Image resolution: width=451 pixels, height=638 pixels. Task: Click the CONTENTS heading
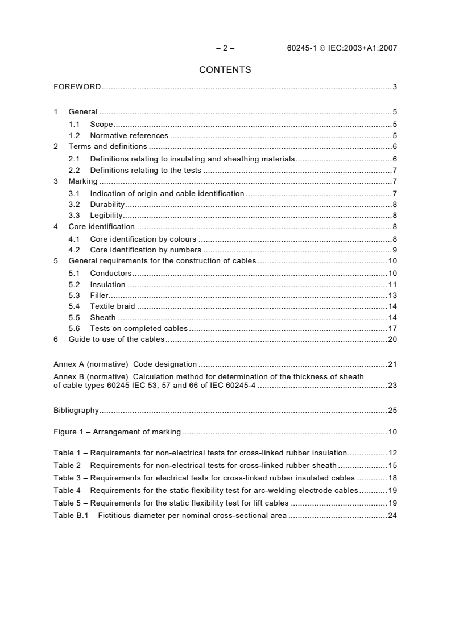[x=225, y=70]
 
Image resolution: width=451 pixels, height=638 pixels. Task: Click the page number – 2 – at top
[x=225, y=48]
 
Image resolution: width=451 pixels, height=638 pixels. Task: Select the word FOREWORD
[x=77, y=87]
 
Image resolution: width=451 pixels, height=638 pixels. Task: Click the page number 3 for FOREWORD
[x=394, y=87]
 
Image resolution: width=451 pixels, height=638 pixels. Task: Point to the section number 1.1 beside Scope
[x=74, y=124]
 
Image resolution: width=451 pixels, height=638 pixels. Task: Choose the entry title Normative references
[x=129, y=135]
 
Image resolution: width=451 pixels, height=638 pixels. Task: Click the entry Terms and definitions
[x=107, y=147]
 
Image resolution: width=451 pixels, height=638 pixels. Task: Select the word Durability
[x=107, y=204]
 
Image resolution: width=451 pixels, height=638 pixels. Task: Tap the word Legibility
[x=106, y=215]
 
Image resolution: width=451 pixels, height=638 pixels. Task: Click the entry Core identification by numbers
[x=146, y=250]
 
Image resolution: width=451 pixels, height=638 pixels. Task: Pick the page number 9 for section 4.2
[x=394, y=250]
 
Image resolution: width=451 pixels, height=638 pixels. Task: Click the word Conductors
[x=111, y=273]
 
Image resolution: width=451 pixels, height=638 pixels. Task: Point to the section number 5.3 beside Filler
[x=74, y=296]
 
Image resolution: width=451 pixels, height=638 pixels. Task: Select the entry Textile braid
[x=113, y=306]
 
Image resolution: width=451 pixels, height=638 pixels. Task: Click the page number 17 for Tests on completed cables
[x=392, y=328]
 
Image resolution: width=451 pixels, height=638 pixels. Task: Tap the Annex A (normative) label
[x=91, y=364]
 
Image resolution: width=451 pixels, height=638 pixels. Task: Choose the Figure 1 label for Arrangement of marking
[x=68, y=432]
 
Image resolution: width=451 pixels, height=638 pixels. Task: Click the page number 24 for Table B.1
[x=392, y=516]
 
